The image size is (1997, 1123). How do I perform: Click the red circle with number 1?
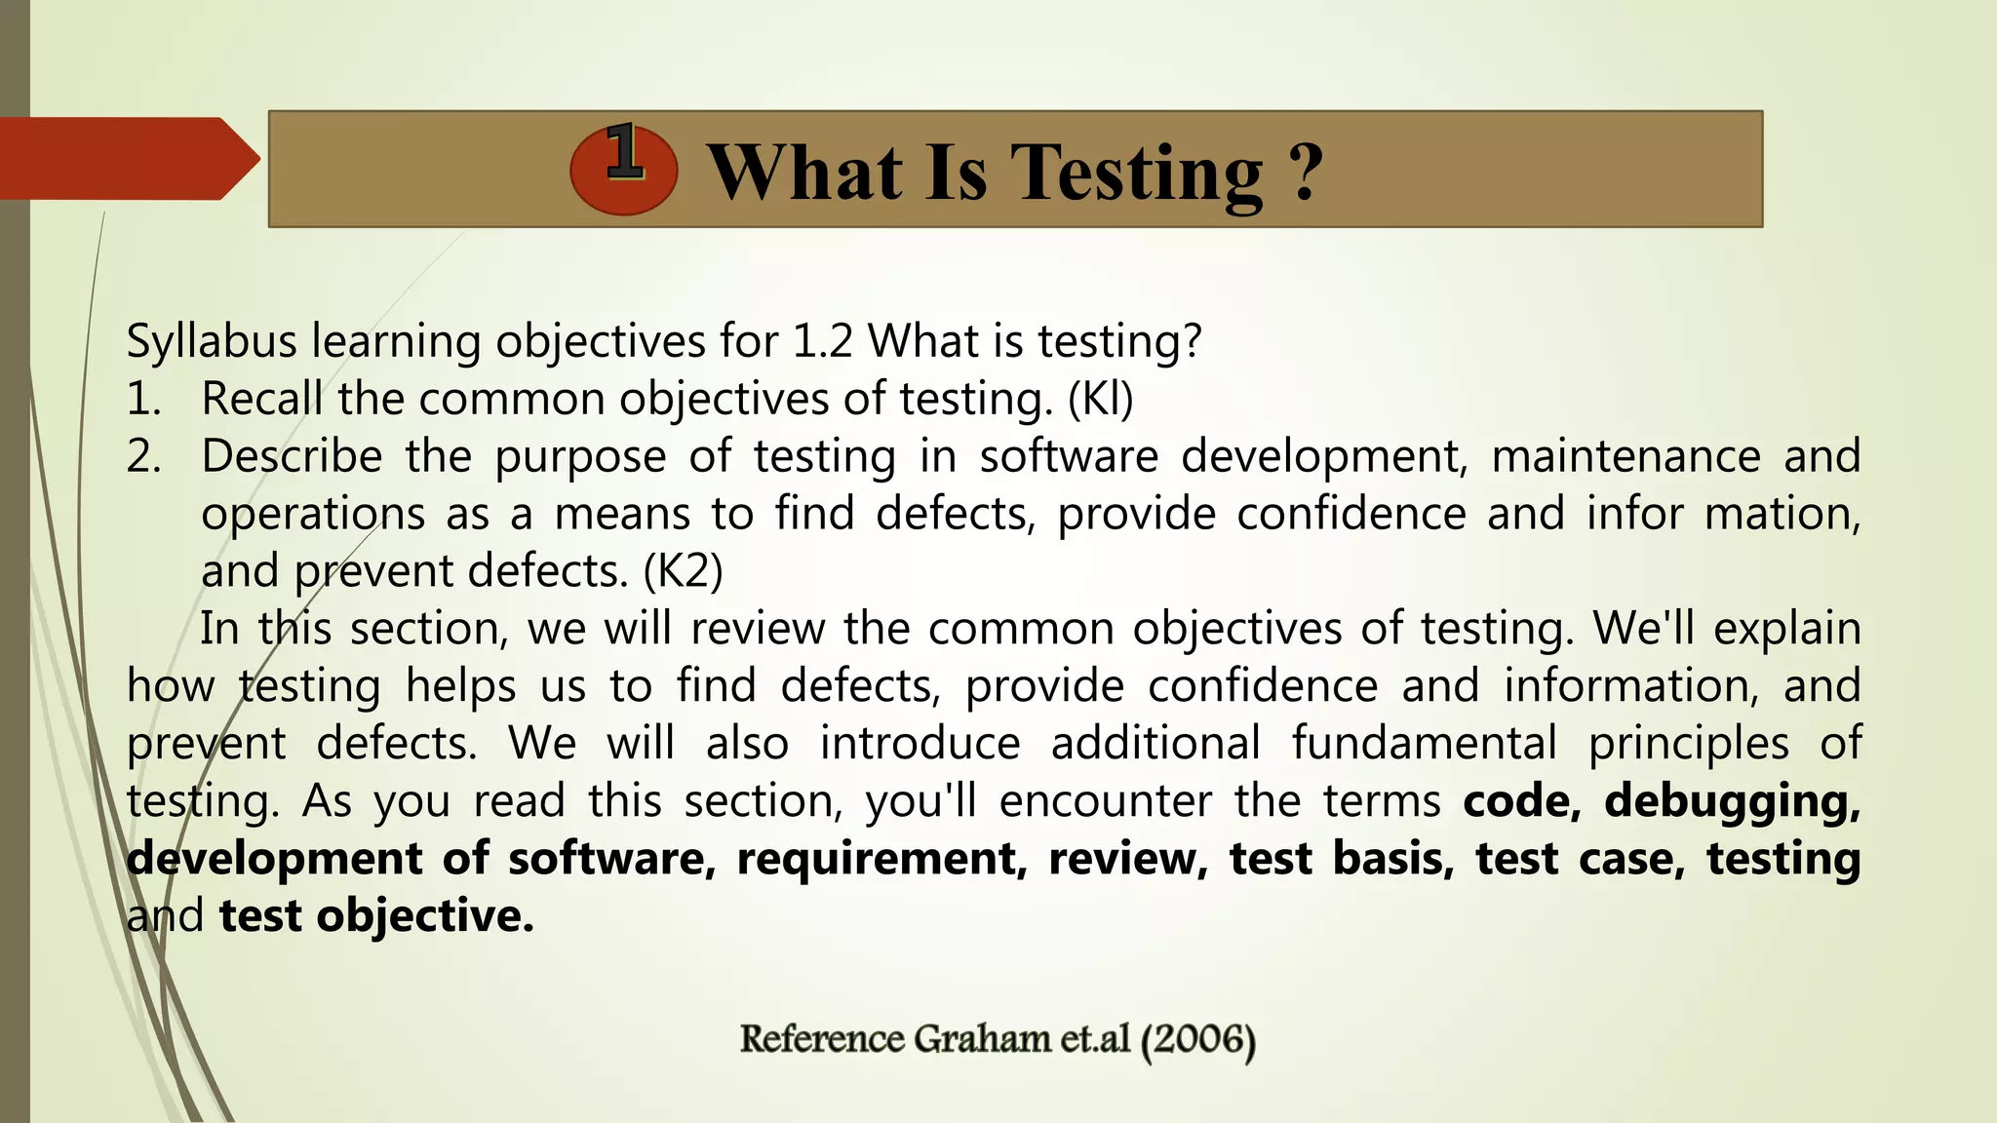pyautogui.click(x=624, y=170)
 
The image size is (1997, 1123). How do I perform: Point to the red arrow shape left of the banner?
pyautogui.click(x=127, y=158)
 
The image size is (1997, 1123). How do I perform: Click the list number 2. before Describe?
pyautogui.click(x=144, y=456)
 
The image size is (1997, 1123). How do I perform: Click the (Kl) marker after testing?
pyautogui.click(x=1101, y=399)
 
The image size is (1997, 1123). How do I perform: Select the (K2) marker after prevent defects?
pyautogui.click(x=684, y=571)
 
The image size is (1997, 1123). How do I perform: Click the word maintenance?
pyautogui.click(x=1625, y=456)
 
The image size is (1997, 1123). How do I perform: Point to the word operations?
pyautogui.click(x=313, y=514)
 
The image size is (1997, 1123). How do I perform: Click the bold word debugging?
pyautogui.click(x=1733, y=801)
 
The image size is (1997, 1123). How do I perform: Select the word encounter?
pyautogui.click(x=1106, y=801)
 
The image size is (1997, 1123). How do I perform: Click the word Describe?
pyautogui.click(x=292, y=456)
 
